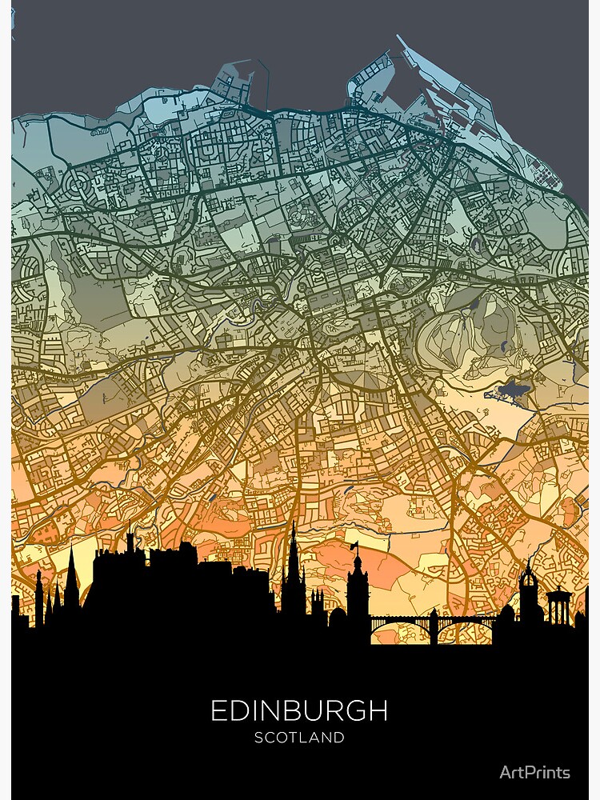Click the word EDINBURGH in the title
[x=299, y=710]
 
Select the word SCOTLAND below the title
[x=299, y=738]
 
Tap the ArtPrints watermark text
[x=534, y=772]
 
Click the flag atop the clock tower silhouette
[x=353, y=546]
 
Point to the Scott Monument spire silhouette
[x=294, y=560]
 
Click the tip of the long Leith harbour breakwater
[x=399, y=38]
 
